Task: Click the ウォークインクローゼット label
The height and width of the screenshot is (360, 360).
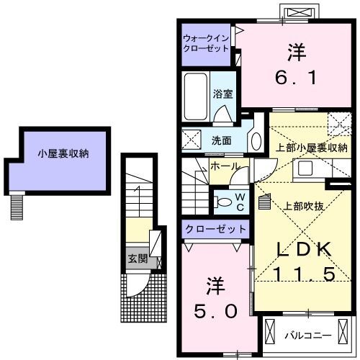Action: tap(206, 43)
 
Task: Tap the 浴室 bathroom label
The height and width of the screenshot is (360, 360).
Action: tap(222, 94)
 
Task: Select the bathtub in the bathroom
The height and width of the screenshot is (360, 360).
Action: tap(196, 96)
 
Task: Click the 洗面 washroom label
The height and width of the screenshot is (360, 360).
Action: tap(222, 140)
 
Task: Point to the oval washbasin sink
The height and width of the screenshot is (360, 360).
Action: tap(256, 141)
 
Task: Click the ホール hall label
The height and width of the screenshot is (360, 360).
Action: tap(225, 166)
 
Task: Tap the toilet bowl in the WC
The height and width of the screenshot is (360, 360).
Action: tap(223, 202)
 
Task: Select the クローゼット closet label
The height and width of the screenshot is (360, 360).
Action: tap(215, 229)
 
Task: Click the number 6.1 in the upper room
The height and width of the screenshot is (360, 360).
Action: tap(296, 78)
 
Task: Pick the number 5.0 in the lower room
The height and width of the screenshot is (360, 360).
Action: tap(215, 311)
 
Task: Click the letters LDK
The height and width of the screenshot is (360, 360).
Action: tap(304, 249)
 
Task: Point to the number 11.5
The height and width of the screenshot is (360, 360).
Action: tap(304, 274)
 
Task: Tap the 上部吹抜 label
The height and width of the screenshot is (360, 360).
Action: tap(303, 206)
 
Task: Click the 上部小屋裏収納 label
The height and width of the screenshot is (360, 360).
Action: tap(311, 148)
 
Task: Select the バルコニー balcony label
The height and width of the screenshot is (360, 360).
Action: tap(308, 336)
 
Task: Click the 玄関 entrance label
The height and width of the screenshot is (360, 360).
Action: tap(138, 258)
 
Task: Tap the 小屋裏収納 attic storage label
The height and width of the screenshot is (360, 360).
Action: tap(63, 153)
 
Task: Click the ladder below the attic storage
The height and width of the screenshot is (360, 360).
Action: tap(17, 207)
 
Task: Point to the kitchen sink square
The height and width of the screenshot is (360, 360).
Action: tap(305, 168)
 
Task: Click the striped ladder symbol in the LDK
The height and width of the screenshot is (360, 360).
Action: tap(265, 202)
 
